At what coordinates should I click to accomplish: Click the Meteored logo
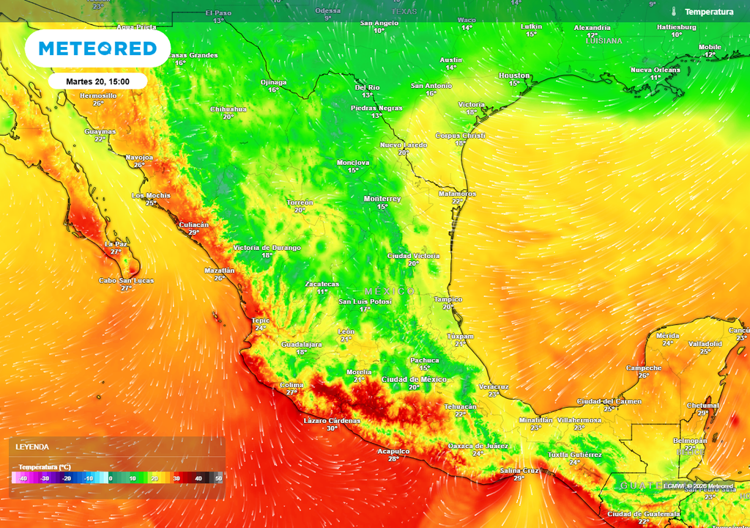97,49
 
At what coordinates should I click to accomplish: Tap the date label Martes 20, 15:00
98,81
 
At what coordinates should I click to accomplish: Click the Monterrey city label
382,199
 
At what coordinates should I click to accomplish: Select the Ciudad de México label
414,379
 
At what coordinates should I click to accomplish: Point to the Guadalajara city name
302,344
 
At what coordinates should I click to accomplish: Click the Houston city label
514,76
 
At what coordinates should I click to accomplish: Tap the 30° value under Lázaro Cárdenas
332,428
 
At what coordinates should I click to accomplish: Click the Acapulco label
393,451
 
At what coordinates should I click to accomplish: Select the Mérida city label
667,336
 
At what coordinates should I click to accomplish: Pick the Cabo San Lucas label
126,280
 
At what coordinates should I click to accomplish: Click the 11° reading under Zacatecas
322,292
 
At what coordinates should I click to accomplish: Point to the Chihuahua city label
229,109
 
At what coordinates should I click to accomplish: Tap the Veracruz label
493,386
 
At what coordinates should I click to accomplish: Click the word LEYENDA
32,447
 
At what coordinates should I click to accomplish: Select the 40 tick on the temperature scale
198,478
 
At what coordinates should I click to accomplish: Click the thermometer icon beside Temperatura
672,12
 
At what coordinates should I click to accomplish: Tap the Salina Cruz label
519,470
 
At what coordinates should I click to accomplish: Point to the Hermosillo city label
98,95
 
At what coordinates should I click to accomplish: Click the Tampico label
448,299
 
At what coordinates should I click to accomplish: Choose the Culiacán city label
193,224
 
